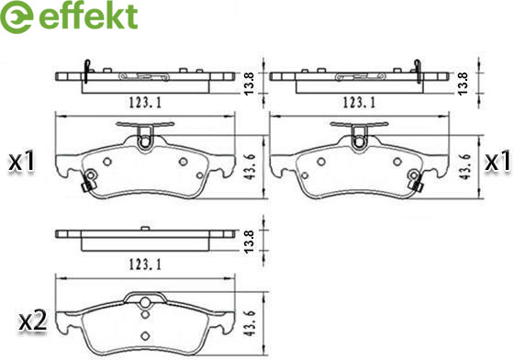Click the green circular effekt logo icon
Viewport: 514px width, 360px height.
click(17, 17)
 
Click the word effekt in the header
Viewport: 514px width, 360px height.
click(88, 16)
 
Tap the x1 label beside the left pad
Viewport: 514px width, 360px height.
click(22, 162)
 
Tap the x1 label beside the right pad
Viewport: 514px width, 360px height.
click(497, 162)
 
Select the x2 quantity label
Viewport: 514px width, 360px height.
click(32, 321)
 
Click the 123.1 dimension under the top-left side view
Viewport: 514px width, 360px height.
click(145, 103)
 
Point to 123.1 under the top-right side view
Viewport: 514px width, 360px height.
click(359, 103)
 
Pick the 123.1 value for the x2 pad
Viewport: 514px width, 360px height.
click(145, 264)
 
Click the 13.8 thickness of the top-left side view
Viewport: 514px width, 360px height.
click(250, 84)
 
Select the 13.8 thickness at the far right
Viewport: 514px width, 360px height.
click(464, 84)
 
